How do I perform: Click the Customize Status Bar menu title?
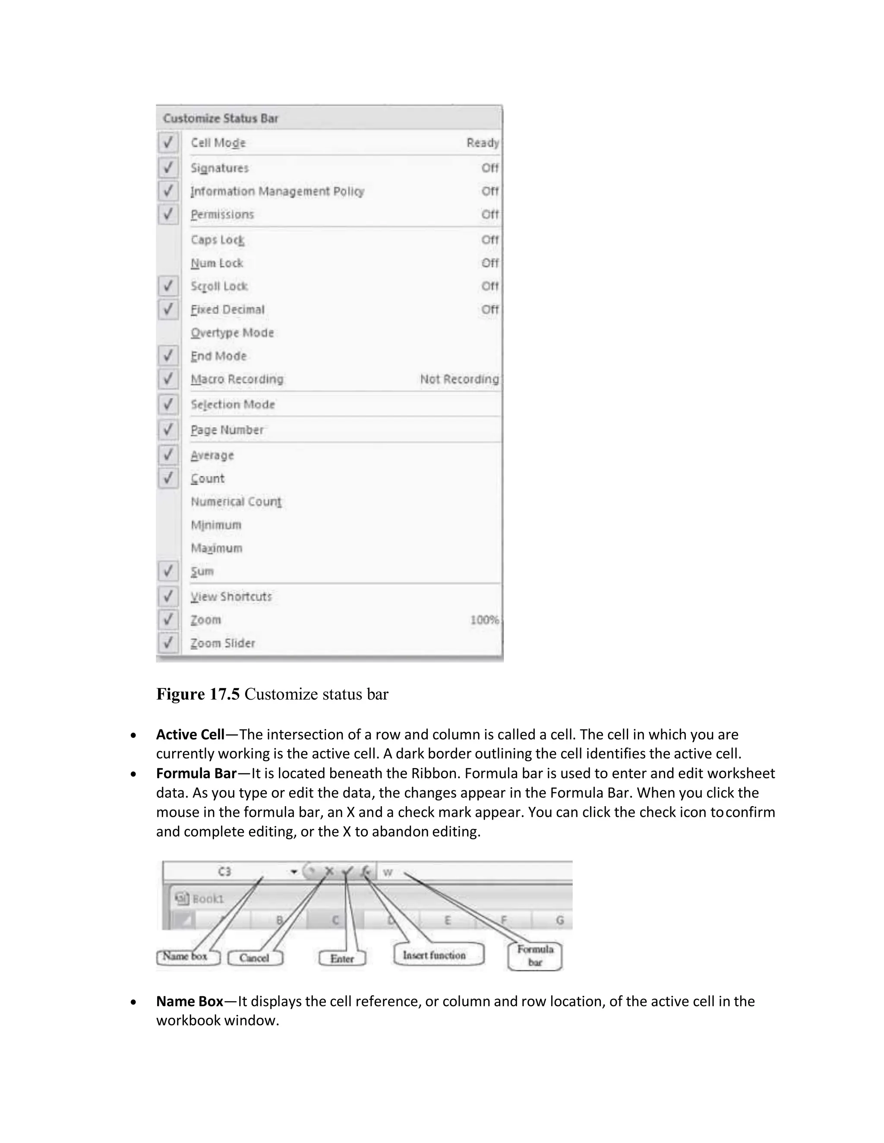pos(221,118)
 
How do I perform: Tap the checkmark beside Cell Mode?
pos(168,142)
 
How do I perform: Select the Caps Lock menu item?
pos(218,240)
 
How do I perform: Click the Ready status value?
pos(482,142)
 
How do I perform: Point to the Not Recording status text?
pos(459,379)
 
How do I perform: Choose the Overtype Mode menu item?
pos(232,333)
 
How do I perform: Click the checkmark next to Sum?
pos(168,571)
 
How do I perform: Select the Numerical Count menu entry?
pos(236,501)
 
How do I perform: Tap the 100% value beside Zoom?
pos(484,620)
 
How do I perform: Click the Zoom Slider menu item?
pos(223,643)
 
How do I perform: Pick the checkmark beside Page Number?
pos(168,430)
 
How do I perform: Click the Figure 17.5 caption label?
pos(198,694)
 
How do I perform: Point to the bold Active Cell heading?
pos(190,734)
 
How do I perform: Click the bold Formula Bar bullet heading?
pos(196,773)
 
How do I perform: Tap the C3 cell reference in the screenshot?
pos(224,871)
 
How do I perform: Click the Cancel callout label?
pos(255,958)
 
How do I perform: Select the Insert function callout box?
pos(434,955)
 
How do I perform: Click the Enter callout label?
pos(342,958)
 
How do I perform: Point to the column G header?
pos(560,920)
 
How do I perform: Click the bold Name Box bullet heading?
pos(189,1001)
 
